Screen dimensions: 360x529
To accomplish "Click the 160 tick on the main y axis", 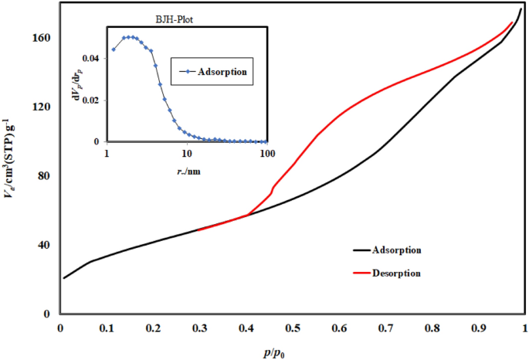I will [42, 37].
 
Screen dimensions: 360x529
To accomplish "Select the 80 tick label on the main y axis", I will [45, 175].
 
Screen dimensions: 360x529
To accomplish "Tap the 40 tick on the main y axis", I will [45, 245].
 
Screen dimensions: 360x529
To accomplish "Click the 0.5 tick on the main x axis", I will [293, 328].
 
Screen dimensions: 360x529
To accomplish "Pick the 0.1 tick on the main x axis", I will [107, 328].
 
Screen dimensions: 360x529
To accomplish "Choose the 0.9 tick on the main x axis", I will [479, 328].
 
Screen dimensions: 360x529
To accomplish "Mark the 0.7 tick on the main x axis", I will [386, 328].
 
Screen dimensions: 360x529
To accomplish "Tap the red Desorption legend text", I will [396, 273].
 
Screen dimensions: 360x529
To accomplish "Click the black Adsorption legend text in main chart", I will [396, 250].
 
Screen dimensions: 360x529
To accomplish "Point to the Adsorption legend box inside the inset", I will [212, 72].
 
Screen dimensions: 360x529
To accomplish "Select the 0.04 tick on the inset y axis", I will [92, 59].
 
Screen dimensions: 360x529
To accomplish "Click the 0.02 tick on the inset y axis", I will [92, 100].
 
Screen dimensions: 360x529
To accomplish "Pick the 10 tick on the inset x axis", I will [187, 152].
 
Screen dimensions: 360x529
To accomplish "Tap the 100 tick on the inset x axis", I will [267, 152].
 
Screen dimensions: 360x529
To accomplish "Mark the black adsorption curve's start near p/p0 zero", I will [64, 278].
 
